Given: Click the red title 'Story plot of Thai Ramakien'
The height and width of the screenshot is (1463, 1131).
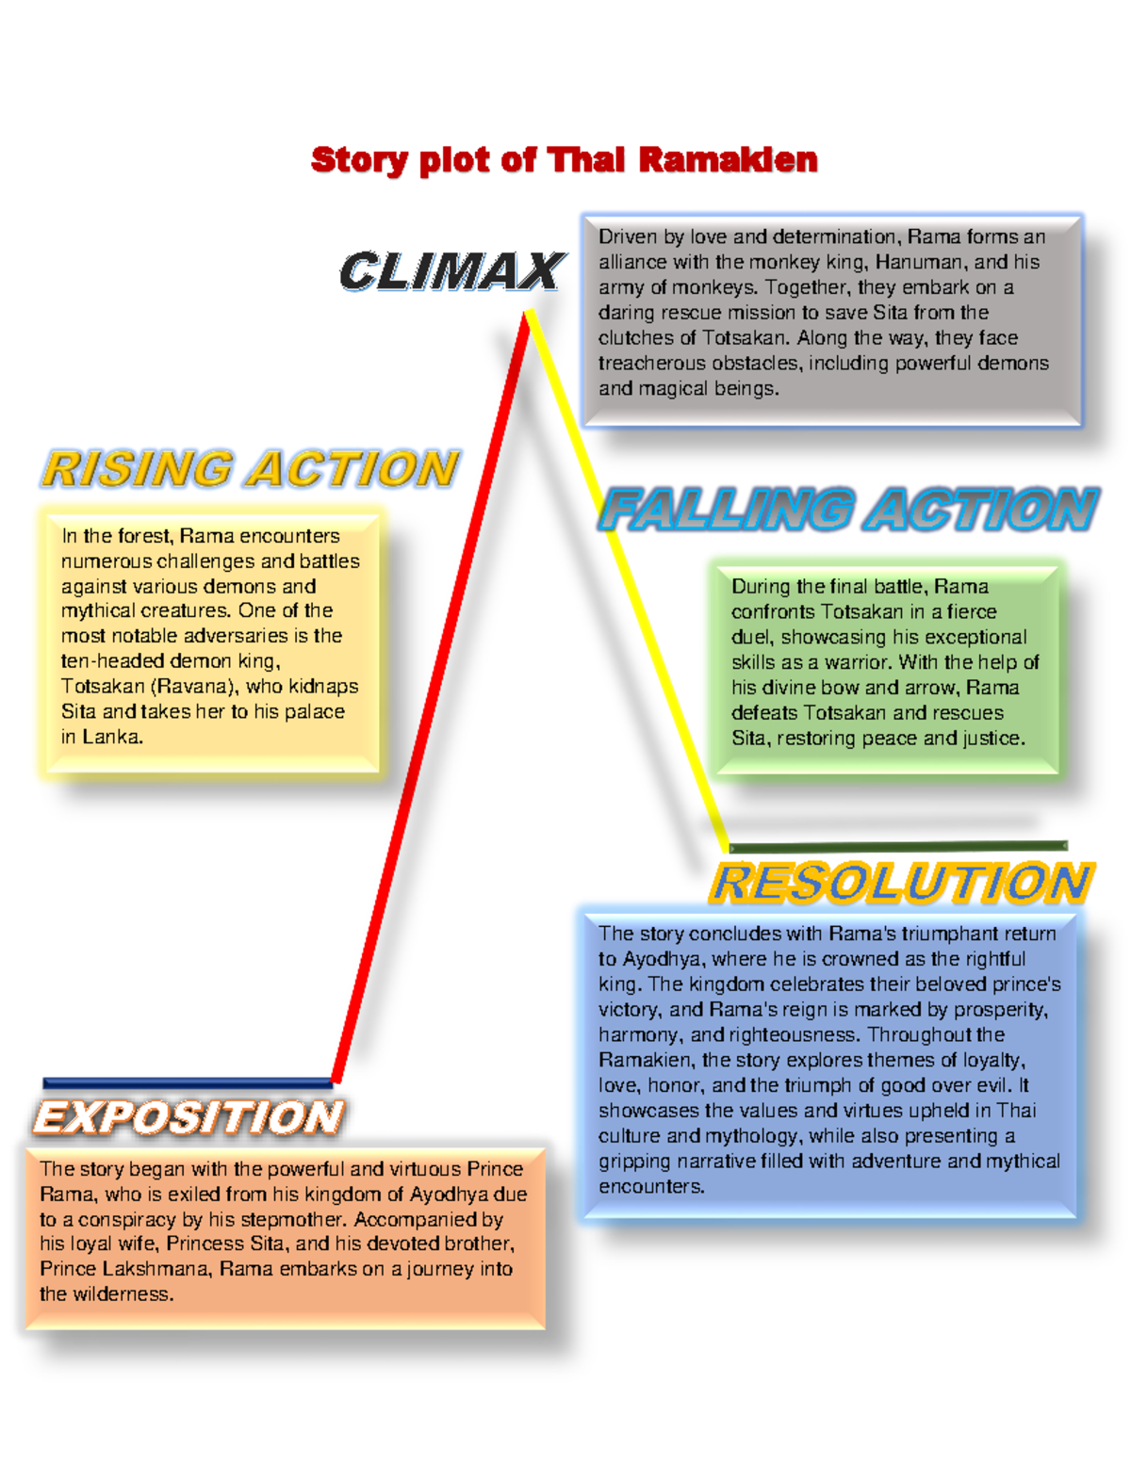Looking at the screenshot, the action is (x=565, y=161).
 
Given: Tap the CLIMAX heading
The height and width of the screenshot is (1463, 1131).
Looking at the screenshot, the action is (x=452, y=270).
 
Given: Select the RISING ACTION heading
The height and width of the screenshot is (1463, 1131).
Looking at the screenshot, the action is (x=251, y=468).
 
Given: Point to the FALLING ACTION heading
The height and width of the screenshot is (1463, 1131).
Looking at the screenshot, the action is (x=849, y=510).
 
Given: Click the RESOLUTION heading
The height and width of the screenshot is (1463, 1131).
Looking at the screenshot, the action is (x=902, y=883).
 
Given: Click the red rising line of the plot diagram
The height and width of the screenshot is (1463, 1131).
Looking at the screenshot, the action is (x=431, y=698).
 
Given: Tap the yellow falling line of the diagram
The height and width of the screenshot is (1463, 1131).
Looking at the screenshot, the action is (x=628, y=580).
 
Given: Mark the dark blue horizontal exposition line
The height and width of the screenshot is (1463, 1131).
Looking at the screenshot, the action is (x=188, y=1082).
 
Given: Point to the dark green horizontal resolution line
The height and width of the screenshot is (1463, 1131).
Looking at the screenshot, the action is (x=898, y=846).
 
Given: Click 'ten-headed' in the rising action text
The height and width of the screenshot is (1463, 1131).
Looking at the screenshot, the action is (x=112, y=661).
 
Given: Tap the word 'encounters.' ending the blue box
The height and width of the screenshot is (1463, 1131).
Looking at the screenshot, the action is (x=651, y=1187).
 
